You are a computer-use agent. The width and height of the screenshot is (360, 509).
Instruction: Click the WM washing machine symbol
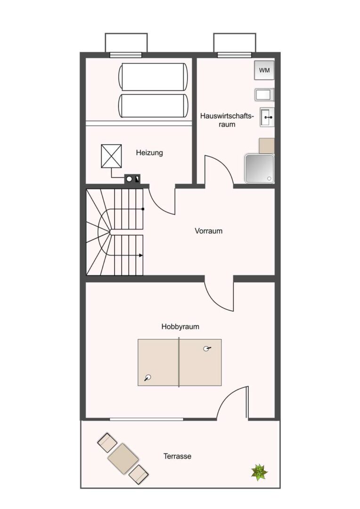coord(264,70)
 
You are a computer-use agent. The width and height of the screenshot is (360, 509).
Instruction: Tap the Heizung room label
coord(149,153)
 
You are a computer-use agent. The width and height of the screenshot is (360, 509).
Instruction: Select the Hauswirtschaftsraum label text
coord(227,120)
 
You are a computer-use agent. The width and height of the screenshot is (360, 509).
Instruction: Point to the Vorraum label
coord(208,231)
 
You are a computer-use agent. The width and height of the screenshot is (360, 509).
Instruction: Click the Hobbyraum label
coord(180,327)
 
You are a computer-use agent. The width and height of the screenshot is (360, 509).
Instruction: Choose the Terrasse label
coord(177,456)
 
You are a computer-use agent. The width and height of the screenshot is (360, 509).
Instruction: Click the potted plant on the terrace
coord(259,472)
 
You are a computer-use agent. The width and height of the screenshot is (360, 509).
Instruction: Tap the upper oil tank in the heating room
coord(153,77)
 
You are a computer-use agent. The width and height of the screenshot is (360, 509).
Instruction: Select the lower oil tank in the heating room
coord(153,106)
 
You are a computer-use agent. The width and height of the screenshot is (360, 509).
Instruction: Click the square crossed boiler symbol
coord(111,156)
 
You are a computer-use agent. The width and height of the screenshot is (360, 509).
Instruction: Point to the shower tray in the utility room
coord(260,169)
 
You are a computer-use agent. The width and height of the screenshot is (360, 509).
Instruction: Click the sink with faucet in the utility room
coord(267,117)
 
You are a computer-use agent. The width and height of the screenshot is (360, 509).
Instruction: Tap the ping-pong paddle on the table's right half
coord(206,349)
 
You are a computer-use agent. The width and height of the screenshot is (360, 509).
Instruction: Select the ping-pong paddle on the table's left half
coord(147,378)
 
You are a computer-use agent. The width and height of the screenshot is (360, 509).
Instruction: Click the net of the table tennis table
coord(179,362)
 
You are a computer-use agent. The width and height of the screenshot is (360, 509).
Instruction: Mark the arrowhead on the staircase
coord(141,255)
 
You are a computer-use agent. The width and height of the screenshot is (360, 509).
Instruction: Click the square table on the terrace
coord(123,456)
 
